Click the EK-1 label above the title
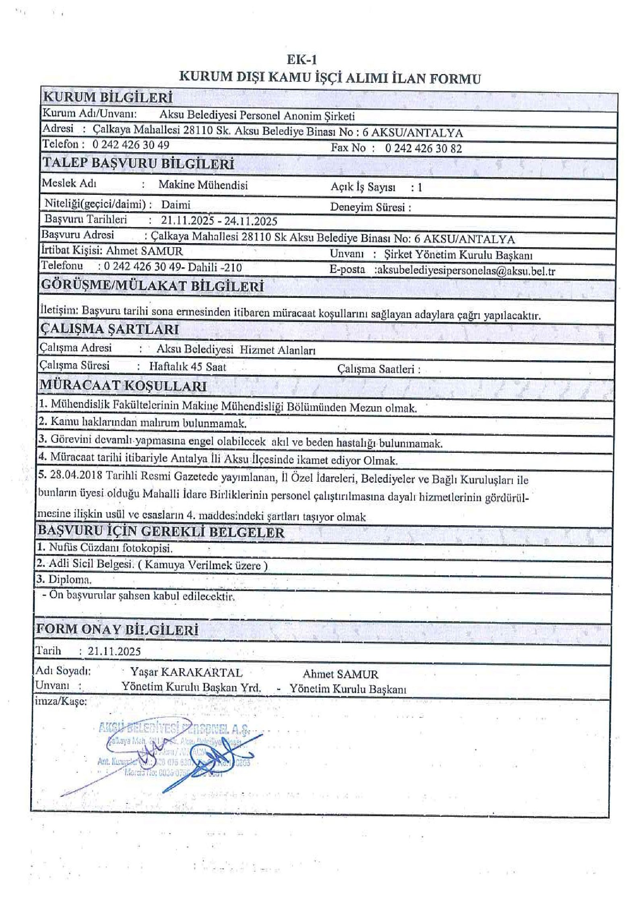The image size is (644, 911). click(x=301, y=60)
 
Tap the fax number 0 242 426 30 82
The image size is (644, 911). click(x=423, y=149)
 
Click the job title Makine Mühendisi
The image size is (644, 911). click(x=203, y=185)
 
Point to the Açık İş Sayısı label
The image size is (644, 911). click(x=363, y=187)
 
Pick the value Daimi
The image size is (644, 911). click(x=176, y=205)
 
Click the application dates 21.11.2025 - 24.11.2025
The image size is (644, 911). click(x=219, y=221)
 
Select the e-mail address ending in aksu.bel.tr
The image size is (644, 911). click(x=465, y=271)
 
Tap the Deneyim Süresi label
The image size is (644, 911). click(x=370, y=207)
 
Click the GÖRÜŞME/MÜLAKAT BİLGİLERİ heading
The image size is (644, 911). click(x=153, y=286)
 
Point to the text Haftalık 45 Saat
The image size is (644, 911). click(x=188, y=367)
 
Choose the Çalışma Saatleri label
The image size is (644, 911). click(x=379, y=369)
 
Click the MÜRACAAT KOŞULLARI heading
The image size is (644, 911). click(x=123, y=385)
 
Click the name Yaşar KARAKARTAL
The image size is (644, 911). click(x=186, y=672)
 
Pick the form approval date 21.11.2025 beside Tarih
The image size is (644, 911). click(x=114, y=651)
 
